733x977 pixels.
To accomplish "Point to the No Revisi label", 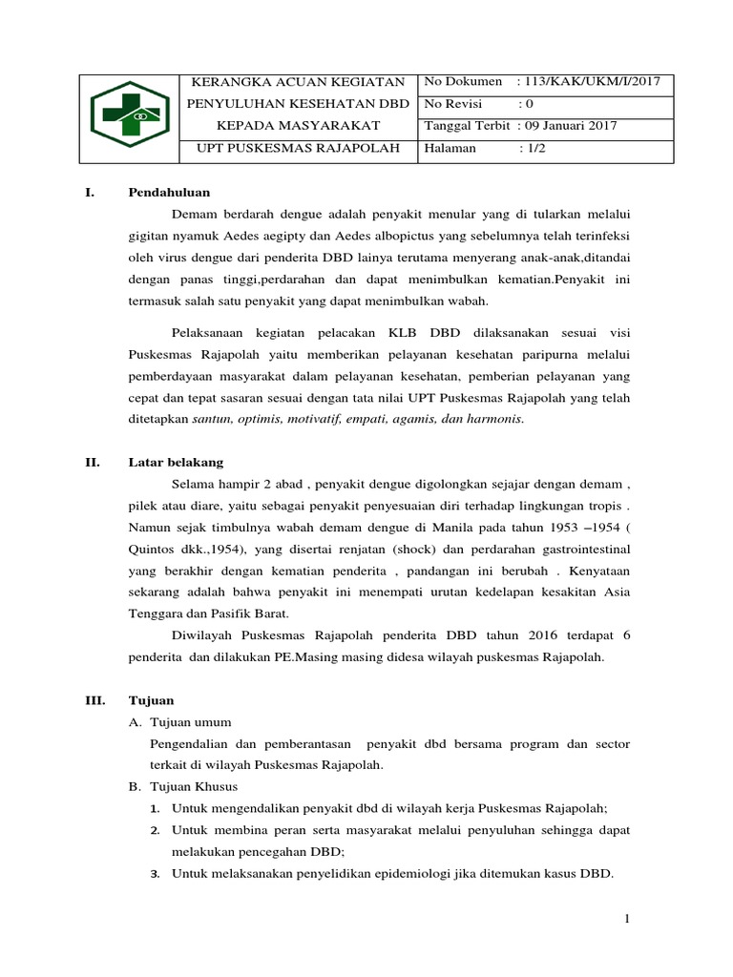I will tap(453, 104).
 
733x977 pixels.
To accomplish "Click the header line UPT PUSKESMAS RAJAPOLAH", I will tap(298, 148).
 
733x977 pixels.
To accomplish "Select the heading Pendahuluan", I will tap(169, 192).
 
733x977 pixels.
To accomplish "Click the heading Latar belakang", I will tap(176, 462).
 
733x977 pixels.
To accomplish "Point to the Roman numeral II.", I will tap(93, 462).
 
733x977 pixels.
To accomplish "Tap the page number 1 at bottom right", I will tap(626, 918).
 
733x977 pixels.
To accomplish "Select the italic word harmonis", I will tap(494, 418).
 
